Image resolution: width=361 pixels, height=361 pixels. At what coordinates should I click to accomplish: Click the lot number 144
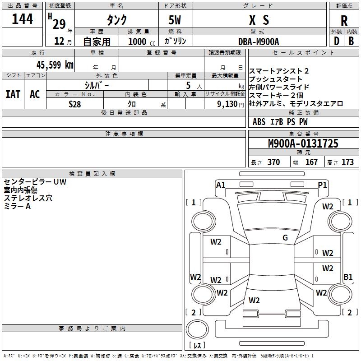pyautogui.click(x=22, y=19)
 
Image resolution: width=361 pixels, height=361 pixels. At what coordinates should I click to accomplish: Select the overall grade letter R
pyautogui.click(x=344, y=21)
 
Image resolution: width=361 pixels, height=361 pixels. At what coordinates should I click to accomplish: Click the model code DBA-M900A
pyautogui.click(x=259, y=41)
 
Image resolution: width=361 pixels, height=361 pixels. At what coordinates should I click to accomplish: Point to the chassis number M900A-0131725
pyautogui.click(x=303, y=144)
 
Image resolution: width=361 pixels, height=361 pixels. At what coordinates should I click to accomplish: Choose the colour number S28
pyautogui.click(x=75, y=103)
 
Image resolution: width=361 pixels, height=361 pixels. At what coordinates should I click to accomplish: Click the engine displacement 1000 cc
pyautogui.click(x=140, y=42)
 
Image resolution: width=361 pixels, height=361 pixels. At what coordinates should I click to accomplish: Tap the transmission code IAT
pyautogui.click(x=13, y=94)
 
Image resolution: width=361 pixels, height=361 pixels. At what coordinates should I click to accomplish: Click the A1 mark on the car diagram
pyautogui.click(x=221, y=185)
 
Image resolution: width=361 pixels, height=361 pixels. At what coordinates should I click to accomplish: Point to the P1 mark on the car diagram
pyautogui.click(x=322, y=185)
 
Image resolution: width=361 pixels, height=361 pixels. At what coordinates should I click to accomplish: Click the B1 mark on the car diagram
pyautogui.click(x=348, y=277)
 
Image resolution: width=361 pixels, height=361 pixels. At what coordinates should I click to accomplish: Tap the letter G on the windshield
pyautogui.click(x=285, y=238)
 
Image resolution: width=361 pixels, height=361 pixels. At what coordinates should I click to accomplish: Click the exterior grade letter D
pyautogui.click(x=336, y=41)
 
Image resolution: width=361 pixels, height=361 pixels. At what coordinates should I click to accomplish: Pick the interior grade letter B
pyautogui.click(x=352, y=41)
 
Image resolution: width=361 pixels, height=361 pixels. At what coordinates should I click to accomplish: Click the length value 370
pyautogui.click(x=273, y=162)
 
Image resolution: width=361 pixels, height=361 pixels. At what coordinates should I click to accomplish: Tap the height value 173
pyautogui.click(x=347, y=162)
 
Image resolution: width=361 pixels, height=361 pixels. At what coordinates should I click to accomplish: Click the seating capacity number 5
pyautogui.click(x=188, y=85)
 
